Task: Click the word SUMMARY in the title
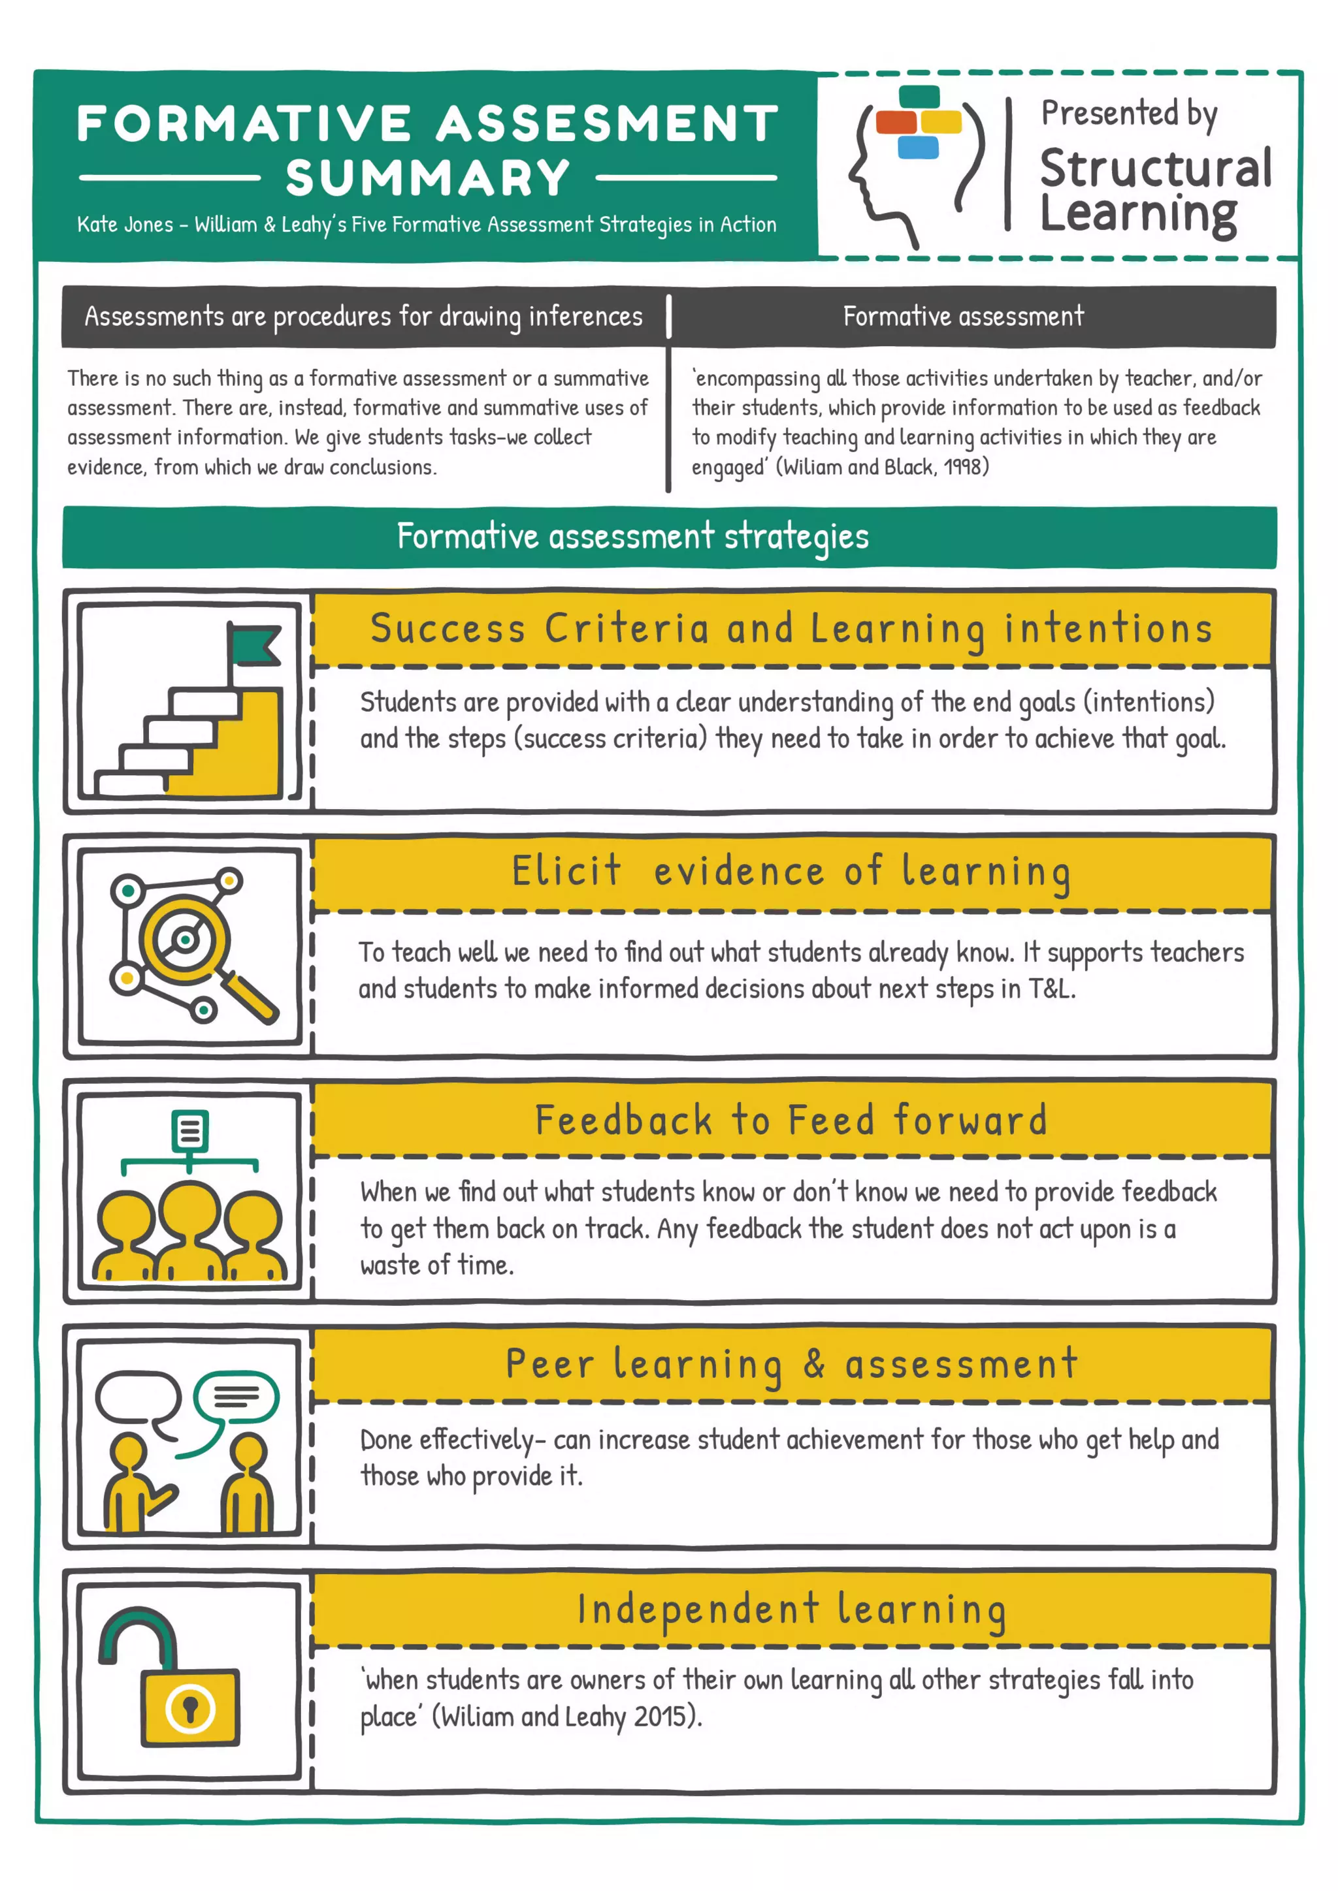pyautogui.click(x=428, y=178)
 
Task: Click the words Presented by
pyautogui.click(x=1129, y=114)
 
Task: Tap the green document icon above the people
pyautogui.click(x=189, y=1130)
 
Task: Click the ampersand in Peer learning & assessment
pyautogui.click(x=814, y=1364)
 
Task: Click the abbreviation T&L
pyautogui.click(x=1051, y=989)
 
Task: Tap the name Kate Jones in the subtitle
pyautogui.click(x=125, y=225)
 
